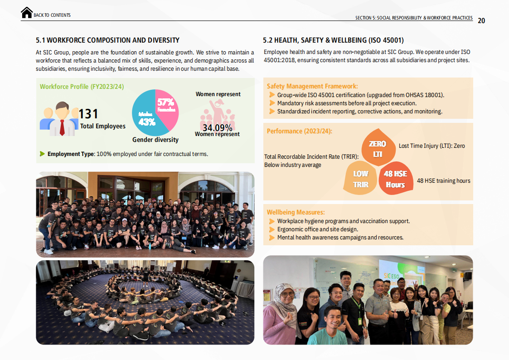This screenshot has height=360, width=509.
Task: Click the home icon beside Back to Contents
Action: (27, 13)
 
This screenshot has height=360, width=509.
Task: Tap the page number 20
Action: (481, 20)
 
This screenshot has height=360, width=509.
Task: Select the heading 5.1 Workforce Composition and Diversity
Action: (107, 40)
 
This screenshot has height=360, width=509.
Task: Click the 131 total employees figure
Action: (88, 114)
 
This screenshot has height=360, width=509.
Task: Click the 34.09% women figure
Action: (217, 128)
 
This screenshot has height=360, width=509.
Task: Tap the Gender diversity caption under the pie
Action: (155, 140)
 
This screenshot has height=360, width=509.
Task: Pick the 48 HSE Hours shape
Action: (395, 179)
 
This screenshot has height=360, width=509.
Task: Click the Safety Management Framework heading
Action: (312, 86)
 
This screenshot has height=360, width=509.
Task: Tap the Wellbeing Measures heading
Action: (296, 212)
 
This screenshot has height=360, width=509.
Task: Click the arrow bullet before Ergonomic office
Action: (272, 229)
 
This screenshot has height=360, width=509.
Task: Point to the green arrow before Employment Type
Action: (43, 154)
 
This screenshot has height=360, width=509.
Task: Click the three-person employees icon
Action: (59, 119)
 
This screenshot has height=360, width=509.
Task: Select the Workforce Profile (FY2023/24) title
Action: (82, 87)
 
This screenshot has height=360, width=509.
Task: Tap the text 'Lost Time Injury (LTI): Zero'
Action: (431, 146)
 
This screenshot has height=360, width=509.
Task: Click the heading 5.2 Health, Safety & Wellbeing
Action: (333, 40)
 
